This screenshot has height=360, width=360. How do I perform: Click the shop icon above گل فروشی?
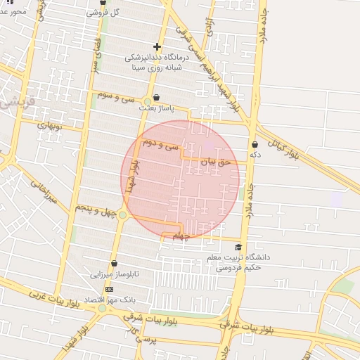coord(103,3)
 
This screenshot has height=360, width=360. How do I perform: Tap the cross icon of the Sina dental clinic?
coord(157,47)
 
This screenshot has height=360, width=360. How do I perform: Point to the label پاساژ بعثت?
coord(155,108)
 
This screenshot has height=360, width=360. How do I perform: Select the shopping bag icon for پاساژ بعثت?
coord(156,97)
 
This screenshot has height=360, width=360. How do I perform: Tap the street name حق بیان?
coord(216,162)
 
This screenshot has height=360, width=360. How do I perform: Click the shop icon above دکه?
coord(255,144)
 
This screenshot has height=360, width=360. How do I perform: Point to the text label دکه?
coord(255,154)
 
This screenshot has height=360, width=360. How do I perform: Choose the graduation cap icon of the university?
coord(238,247)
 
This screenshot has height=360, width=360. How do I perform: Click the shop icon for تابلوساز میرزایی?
coord(114,264)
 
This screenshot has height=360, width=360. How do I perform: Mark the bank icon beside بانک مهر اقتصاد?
coord(109,289)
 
